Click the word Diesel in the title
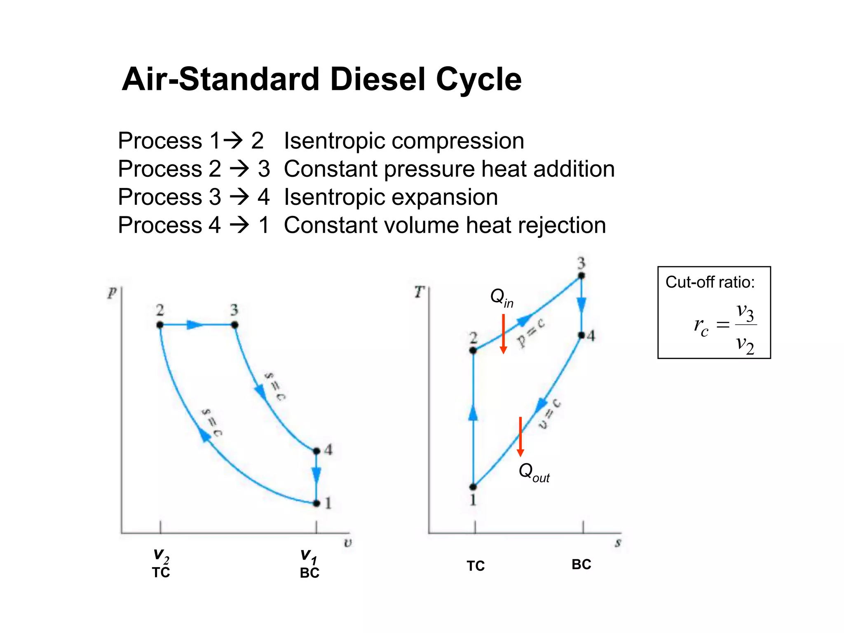pos(377,79)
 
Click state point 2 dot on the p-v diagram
pos(160,325)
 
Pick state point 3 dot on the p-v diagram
pos(234,325)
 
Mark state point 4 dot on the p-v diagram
pos(316,451)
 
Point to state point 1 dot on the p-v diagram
pos(316,503)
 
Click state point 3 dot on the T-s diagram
pos(581,276)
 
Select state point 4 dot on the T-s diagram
pos(581,335)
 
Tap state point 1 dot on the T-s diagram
pos(474,487)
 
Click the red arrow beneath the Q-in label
pos(503,334)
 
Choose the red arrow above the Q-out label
pos(520,437)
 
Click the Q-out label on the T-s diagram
pos(534,472)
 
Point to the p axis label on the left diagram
pos(112,293)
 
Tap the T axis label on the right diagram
pos(419,292)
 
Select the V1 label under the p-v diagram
pos(309,556)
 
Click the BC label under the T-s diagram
pos(581,565)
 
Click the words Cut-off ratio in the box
pos(710,282)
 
